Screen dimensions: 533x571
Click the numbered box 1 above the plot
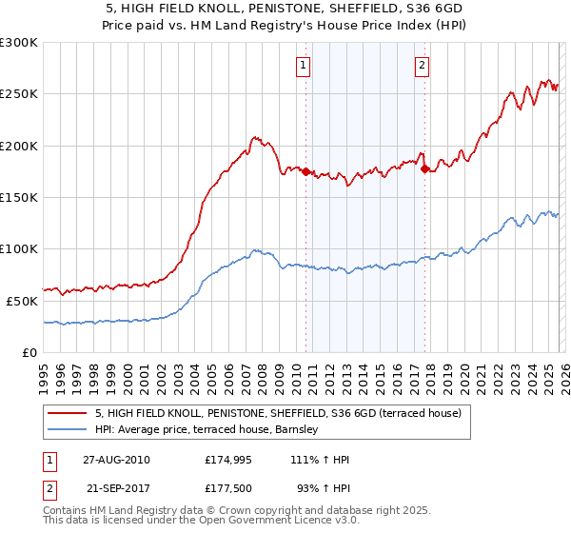click(303, 66)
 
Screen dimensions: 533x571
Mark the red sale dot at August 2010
click(305, 172)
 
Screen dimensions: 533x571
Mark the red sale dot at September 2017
click(424, 169)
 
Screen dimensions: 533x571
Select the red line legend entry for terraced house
click(278, 413)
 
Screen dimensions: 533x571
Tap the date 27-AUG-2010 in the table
click(117, 460)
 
